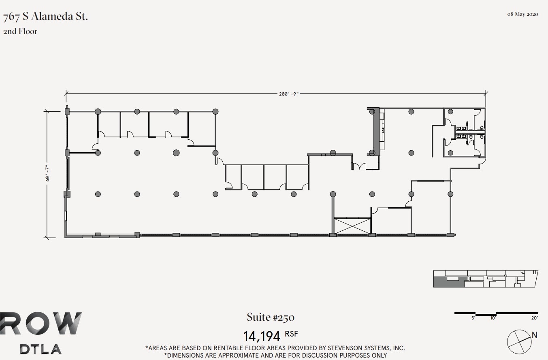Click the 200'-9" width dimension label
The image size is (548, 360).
point(288,94)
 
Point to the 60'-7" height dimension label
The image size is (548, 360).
point(48,173)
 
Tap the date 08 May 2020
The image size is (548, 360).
point(522,14)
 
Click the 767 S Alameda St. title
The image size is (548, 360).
point(45,17)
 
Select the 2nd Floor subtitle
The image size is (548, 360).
point(20,32)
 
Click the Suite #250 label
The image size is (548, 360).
point(271,317)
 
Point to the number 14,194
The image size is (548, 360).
point(262,336)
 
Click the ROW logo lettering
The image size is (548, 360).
point(41,324)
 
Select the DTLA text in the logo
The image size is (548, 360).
point(41,349)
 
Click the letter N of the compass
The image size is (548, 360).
point(535,335)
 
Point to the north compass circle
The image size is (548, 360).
point(519,341)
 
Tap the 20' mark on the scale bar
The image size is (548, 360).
point(535,318)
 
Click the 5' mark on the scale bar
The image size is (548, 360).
point(473,318)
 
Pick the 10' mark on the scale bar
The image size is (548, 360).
point(493,318)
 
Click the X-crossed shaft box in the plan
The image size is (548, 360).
point(352,226)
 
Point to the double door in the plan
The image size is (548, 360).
point(359,166)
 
